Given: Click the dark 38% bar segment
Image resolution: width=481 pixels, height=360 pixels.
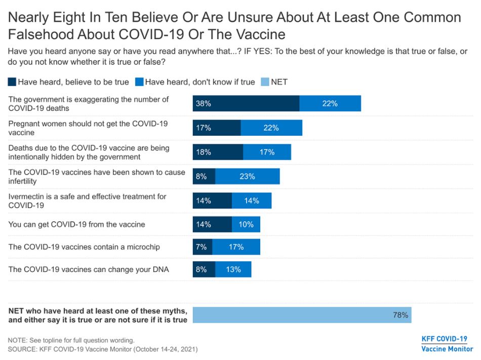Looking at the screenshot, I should [246, 103].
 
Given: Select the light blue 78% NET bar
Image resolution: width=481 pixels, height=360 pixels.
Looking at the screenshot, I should [302, 314].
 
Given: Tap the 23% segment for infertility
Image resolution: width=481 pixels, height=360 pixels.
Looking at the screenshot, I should [248, 176].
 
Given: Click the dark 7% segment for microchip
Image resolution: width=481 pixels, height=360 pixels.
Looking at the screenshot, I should [202, 247].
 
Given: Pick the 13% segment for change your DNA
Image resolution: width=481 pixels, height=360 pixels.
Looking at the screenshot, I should [233, 269].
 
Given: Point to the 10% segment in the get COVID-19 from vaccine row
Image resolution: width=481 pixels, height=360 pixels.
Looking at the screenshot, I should [246, 224].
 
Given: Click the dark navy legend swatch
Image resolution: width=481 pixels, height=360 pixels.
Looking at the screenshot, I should [12, 82].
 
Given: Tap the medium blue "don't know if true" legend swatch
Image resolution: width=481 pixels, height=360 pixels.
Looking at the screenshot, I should [139, 82].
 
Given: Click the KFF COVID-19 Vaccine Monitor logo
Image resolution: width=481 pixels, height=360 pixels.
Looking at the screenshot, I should [444, 344].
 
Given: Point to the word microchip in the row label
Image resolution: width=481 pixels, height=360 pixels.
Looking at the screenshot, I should [141, 247].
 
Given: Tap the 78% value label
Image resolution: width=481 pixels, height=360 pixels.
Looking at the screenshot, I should [400, 315].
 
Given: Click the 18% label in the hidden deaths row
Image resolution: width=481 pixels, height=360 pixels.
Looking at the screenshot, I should [204, 152].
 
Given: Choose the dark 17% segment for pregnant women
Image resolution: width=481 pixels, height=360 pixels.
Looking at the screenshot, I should [216, 128].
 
